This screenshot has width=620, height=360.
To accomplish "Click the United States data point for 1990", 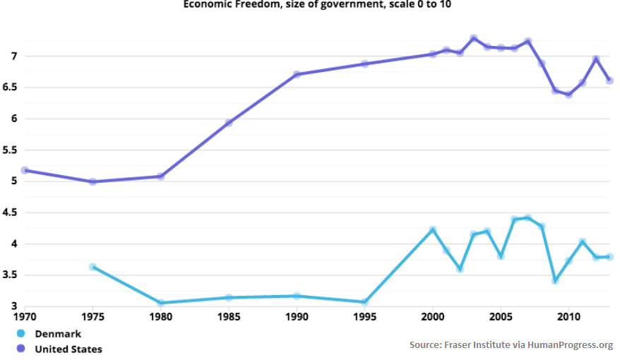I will point(297,74).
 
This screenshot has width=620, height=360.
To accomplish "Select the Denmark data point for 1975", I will point(93,267).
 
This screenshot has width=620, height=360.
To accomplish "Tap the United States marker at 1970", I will point(25,170).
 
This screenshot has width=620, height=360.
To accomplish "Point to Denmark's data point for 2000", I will point(433,229).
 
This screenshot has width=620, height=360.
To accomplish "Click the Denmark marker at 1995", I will point(365,302).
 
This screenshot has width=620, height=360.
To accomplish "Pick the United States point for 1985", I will point(229,123).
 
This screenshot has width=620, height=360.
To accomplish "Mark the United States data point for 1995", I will point(365,64).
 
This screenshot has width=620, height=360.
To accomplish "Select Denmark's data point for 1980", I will point(161,303).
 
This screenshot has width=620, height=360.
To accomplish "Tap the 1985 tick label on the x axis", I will point(229,317).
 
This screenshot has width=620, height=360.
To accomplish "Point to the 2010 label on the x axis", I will point(569,317).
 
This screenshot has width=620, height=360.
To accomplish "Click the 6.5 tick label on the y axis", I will point(10,88).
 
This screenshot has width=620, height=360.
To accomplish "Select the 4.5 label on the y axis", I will point(10,212).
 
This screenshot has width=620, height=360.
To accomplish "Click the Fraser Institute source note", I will point(511,344).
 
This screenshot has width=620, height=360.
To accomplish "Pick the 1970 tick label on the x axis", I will point(25,317).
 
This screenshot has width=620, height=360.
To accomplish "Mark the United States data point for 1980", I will point(160,176).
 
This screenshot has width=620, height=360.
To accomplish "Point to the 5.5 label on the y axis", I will point(10,150).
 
